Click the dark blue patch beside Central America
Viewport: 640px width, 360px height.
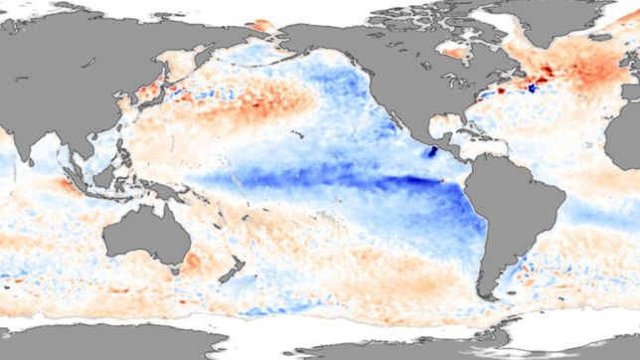tap(433, 152)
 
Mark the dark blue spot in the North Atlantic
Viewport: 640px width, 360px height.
tap(530, 88)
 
